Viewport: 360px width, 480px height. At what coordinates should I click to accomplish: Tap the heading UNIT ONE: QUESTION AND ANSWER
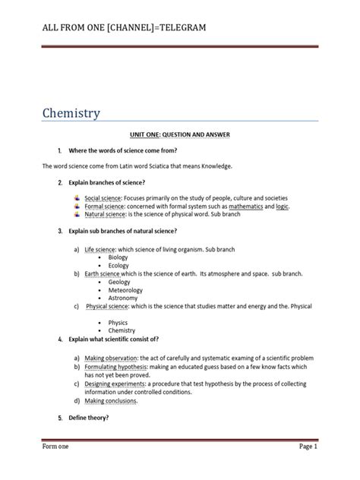(x=179, y=134)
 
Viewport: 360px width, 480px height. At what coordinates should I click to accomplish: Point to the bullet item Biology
(x=118, y=257)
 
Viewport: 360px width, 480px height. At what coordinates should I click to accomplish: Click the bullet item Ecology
(x=118, y=266)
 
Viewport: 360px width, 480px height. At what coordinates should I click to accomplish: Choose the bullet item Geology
(x=119, y=282)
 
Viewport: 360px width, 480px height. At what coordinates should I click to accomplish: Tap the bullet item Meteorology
(x=125, y=290)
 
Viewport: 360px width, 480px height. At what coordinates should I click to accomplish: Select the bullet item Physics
(x=118, y=323)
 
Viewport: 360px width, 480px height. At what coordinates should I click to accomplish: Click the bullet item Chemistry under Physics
(x=122, y=331)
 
